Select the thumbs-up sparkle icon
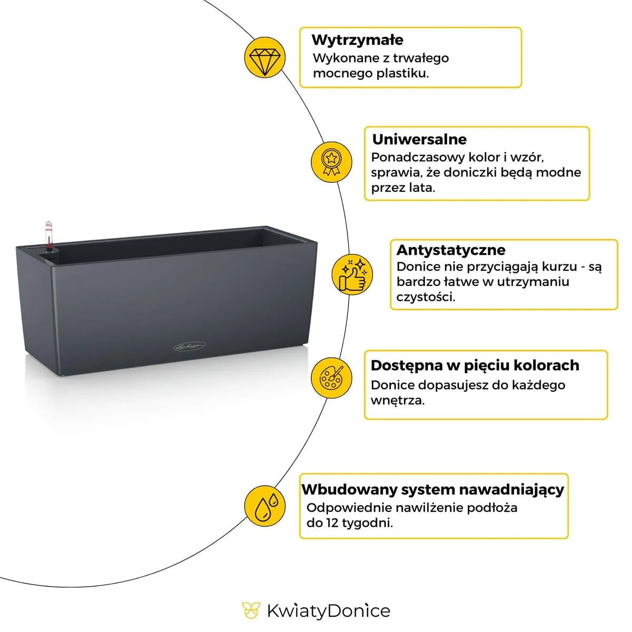point(352,274)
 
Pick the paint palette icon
point(331,377)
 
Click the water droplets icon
point(265,506)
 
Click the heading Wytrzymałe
point(358,40)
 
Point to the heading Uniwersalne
point(419,140)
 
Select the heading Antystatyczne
point(451,250)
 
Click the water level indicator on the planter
point(49,235)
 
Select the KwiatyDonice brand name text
point(329,611)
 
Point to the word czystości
point(426,297)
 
